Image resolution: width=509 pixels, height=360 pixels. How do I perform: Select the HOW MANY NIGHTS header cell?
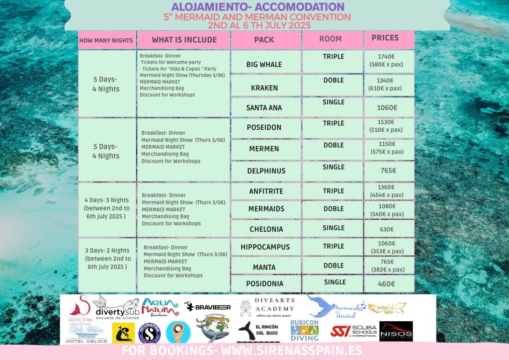106,40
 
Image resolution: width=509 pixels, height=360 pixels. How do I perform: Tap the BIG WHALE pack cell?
264,65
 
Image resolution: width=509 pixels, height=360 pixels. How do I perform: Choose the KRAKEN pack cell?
264,88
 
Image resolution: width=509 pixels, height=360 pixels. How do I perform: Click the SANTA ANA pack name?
264,107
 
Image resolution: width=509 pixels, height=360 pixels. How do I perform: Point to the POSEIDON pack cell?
264,128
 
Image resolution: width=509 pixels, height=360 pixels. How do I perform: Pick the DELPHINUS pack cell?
266,171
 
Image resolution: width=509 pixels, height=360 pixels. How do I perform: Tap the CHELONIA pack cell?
266,229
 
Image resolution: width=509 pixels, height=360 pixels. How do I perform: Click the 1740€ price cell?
389,61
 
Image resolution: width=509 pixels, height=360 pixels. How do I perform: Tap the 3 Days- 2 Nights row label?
108,258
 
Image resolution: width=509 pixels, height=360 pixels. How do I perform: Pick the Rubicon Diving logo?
304,331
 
